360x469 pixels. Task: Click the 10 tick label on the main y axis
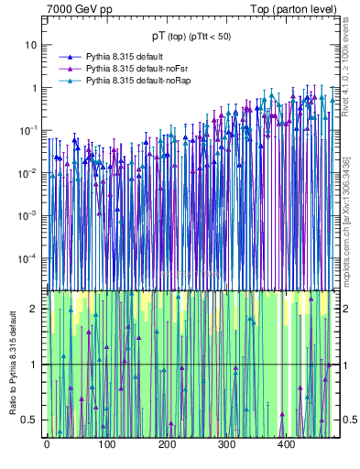(31, 45)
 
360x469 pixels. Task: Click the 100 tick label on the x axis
(106, 444)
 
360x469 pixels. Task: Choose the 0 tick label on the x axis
(47, 444)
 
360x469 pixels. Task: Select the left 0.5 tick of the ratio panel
(29, 420)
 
